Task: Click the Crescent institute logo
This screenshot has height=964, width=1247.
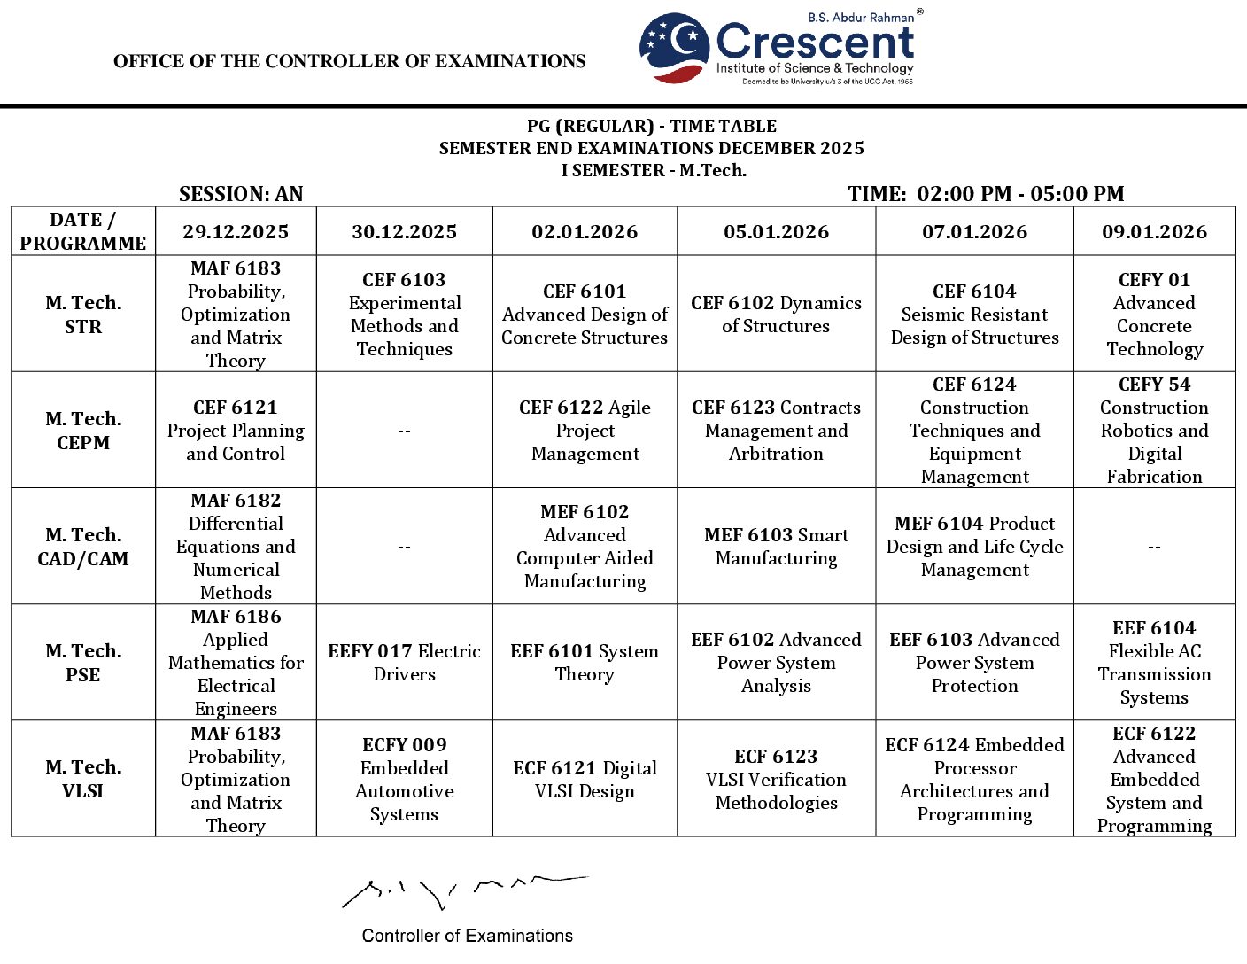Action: (x=777, y=49)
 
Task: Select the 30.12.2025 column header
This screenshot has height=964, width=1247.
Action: (x=404, y=232)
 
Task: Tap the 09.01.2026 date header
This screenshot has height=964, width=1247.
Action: (x=1154, y=232)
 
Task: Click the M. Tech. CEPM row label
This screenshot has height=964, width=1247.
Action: (x=83, y=431)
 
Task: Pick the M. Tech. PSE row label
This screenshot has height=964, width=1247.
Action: (x=83, y=663)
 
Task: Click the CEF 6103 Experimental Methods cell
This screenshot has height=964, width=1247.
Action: (x=404, y=315)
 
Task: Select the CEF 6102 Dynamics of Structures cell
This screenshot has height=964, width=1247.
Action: (x=776, y=315)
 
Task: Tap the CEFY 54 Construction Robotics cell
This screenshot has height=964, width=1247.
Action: (x=1154, y=431)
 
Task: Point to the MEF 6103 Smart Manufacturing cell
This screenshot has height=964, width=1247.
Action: (x=776, y=547)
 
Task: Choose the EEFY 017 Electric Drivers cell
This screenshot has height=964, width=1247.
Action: (x=404, y=663)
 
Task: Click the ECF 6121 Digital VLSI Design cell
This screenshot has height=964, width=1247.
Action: (x=585, y=779)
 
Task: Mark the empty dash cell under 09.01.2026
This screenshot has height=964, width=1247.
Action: (x=1154, y=548)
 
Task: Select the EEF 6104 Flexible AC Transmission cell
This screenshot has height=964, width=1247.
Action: (x=1154, y=663)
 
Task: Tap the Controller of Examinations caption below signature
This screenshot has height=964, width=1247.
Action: (x=467, y=936)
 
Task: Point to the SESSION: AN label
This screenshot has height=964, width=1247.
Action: (x=241, y=194)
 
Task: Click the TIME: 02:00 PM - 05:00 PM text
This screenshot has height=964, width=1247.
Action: (x=986, y=194)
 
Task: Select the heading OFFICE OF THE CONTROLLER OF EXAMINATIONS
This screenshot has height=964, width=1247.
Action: (x=350, y=61)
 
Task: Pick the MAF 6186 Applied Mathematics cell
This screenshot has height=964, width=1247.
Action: (x=236, y=663)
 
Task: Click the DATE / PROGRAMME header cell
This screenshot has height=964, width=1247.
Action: (x=83, y=232)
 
